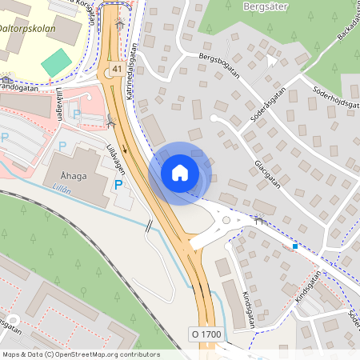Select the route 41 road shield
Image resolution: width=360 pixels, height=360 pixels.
pyautogui.click(x=118, y=70)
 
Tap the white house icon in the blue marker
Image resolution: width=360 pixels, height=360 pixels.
pyautogui.click(x=180, y=172)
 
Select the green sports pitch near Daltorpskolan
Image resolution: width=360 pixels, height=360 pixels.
pyautogui.click(x=56, y=62)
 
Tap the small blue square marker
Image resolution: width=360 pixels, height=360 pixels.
pyautogui.click(x=295, y=246)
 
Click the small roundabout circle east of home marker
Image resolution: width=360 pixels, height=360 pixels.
pyautogui.click(x=226, y=220)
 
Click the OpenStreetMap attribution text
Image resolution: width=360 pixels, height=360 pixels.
pyautogui.click(x=80, y=354)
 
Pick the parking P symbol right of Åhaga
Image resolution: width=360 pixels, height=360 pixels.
pyautogui.click(x=118, y=185)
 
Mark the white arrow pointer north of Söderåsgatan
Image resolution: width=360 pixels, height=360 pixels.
pyautogui.click(x=272, y=61)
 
